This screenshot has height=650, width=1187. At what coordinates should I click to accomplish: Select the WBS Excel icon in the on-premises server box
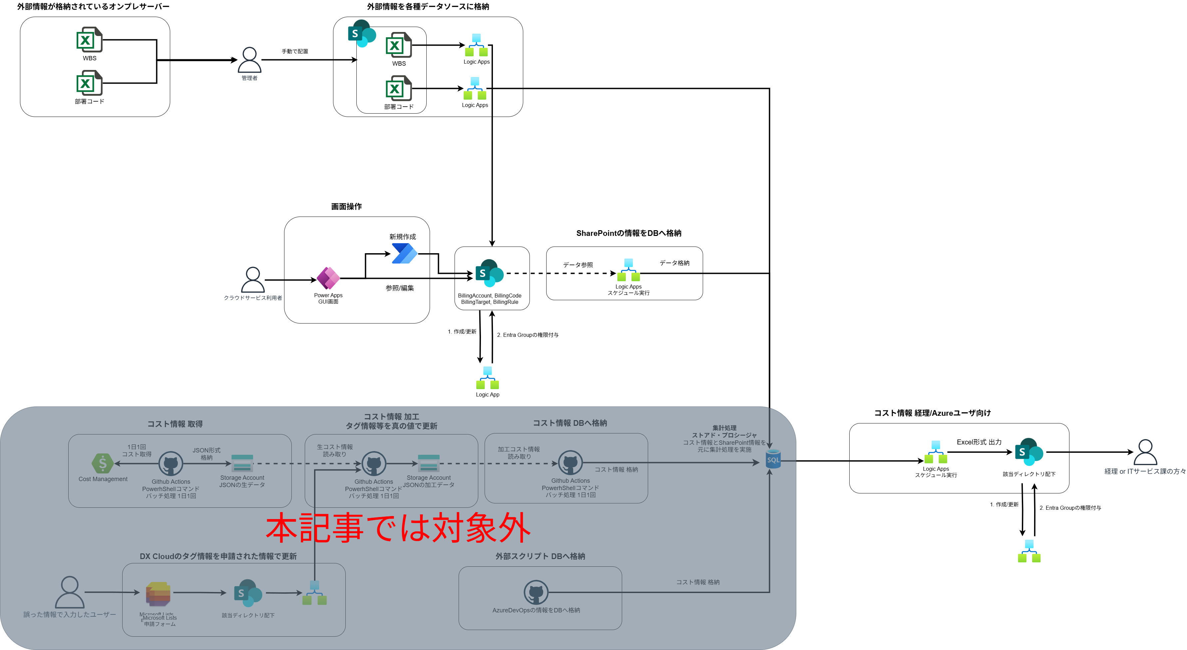click(89, 40)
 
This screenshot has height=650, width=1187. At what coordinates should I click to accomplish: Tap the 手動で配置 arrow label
click(295, 51)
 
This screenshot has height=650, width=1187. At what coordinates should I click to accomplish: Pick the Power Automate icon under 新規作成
click(404, 254)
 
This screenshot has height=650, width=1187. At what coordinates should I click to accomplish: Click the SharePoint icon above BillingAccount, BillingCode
click(489, 273)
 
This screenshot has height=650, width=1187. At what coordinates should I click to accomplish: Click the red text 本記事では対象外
click(398, 527)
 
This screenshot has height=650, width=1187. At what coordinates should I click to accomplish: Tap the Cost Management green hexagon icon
click(102, 463)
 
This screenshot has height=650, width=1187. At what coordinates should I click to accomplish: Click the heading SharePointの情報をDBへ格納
click(628, 233)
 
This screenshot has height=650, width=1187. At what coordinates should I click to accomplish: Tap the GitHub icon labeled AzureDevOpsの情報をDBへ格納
click(536, 592)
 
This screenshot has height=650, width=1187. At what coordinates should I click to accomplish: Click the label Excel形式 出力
click(979, 442)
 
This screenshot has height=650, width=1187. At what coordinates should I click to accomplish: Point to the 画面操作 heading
click(346, 207)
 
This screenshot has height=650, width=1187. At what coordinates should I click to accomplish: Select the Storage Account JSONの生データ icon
click(242, 463)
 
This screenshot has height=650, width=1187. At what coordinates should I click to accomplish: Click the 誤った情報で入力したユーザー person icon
click(70, 592)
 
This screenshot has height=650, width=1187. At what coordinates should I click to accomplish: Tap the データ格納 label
click(674, 263)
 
